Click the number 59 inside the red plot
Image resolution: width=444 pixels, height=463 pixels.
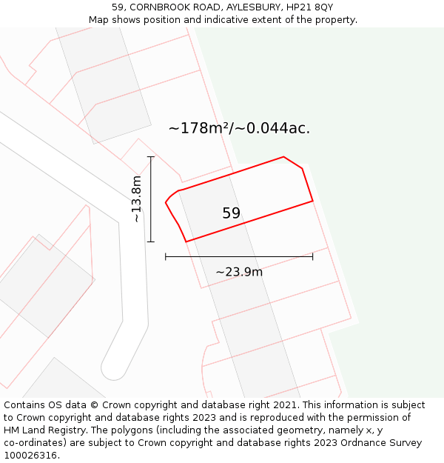[x=231, y=213]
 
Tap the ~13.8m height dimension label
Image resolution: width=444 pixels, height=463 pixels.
[x=136, y=199]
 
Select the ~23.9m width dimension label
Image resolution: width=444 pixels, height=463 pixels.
[x=239, y=272]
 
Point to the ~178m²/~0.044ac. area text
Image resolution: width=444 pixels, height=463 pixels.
[x=239, y=128]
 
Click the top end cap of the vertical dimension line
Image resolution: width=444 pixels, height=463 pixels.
[x=151, y=157]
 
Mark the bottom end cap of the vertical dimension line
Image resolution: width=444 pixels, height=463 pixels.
[x=151, y=242]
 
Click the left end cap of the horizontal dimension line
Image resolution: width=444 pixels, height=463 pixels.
[x=166, y=256]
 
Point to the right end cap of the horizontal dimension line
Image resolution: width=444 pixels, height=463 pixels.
[x=312, y=256]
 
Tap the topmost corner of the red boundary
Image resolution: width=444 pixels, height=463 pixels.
[x=283, y=157]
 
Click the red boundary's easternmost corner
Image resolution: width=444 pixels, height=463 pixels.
[x=312, y=200]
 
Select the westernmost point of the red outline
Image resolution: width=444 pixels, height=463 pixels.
[x=166, y=201]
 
